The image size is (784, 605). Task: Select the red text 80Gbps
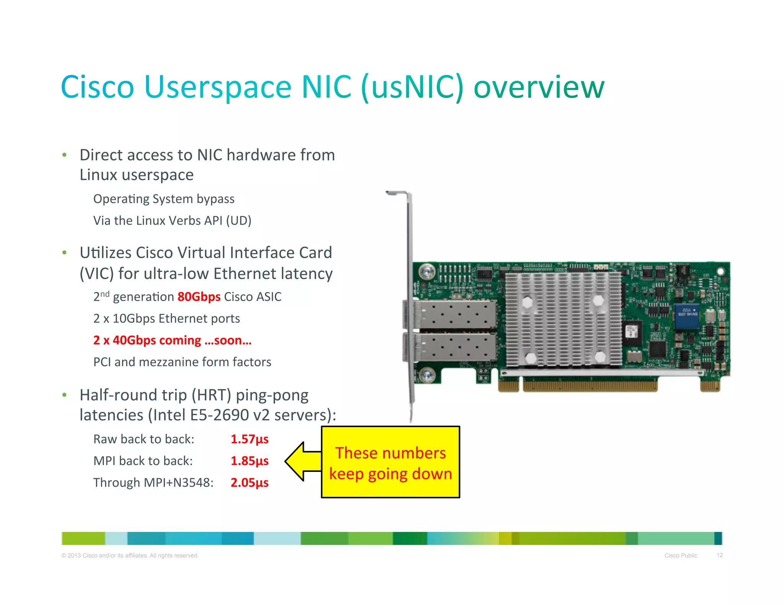(x=199, y=297)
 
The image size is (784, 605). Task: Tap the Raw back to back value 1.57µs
(x=250, y=439)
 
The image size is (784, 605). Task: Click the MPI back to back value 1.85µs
(x=250, y=461)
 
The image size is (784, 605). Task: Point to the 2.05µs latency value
(x=250, y=483)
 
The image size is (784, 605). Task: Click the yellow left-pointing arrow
(x=302, y=462)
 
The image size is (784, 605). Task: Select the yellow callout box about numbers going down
(x=390, y=462)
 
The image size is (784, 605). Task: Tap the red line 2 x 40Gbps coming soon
(x=172, y=340)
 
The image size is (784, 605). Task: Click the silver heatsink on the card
(x=563, y=319)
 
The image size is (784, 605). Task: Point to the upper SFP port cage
(x=452, y=314)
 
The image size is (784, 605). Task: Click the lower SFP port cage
(x=452, y=347)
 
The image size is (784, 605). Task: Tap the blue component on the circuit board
(x=686, y=316)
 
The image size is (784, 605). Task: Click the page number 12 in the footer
(x=720, y=555)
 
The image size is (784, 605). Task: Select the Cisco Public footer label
(x=681, y=555)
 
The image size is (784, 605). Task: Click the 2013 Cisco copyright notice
(x=130, y=555)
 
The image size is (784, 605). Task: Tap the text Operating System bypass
(x=164, y=199)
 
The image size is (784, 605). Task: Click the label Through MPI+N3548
(x=153, y=483)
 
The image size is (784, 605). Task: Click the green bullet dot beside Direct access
(x=65, y=155)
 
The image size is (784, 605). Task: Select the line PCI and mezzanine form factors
(x=182, y=362)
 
